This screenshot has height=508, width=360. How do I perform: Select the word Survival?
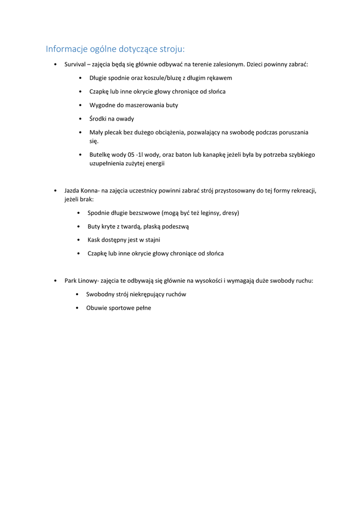click(75, 64)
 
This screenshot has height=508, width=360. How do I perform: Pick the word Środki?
click(98, 119)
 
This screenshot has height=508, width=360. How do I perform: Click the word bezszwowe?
click(141, 213)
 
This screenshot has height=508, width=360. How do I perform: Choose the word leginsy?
click(209, 213)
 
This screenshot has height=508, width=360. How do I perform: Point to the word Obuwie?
click(96, 308)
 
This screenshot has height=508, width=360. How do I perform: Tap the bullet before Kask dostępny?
click(79, 240)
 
